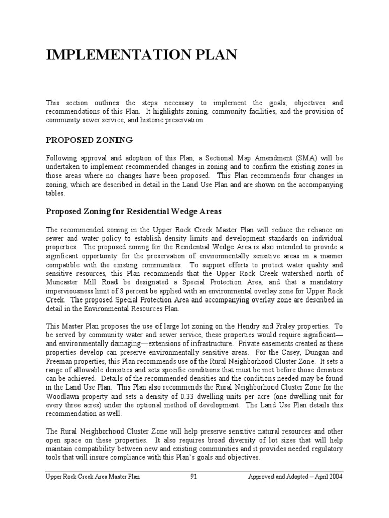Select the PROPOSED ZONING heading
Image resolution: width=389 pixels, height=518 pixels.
pos(89,139)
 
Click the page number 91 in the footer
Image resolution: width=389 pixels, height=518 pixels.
pos(194,476)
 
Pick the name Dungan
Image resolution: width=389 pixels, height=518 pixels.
pos(310,353)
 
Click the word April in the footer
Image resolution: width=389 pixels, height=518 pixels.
pos(314,476)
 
